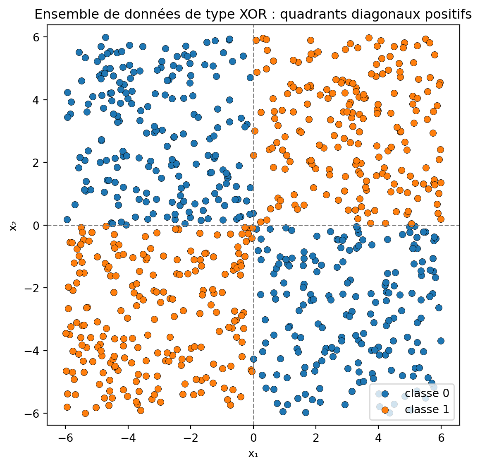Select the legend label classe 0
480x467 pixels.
(x=427, y=393)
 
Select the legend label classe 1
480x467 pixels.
(x=427, y=409)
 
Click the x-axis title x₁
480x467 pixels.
(x=253, y=454)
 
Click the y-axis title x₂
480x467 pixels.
(x=14, y=226)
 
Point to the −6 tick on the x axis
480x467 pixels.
(x=65, y=425)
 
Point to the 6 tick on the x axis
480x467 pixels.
(x=441, y=425)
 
